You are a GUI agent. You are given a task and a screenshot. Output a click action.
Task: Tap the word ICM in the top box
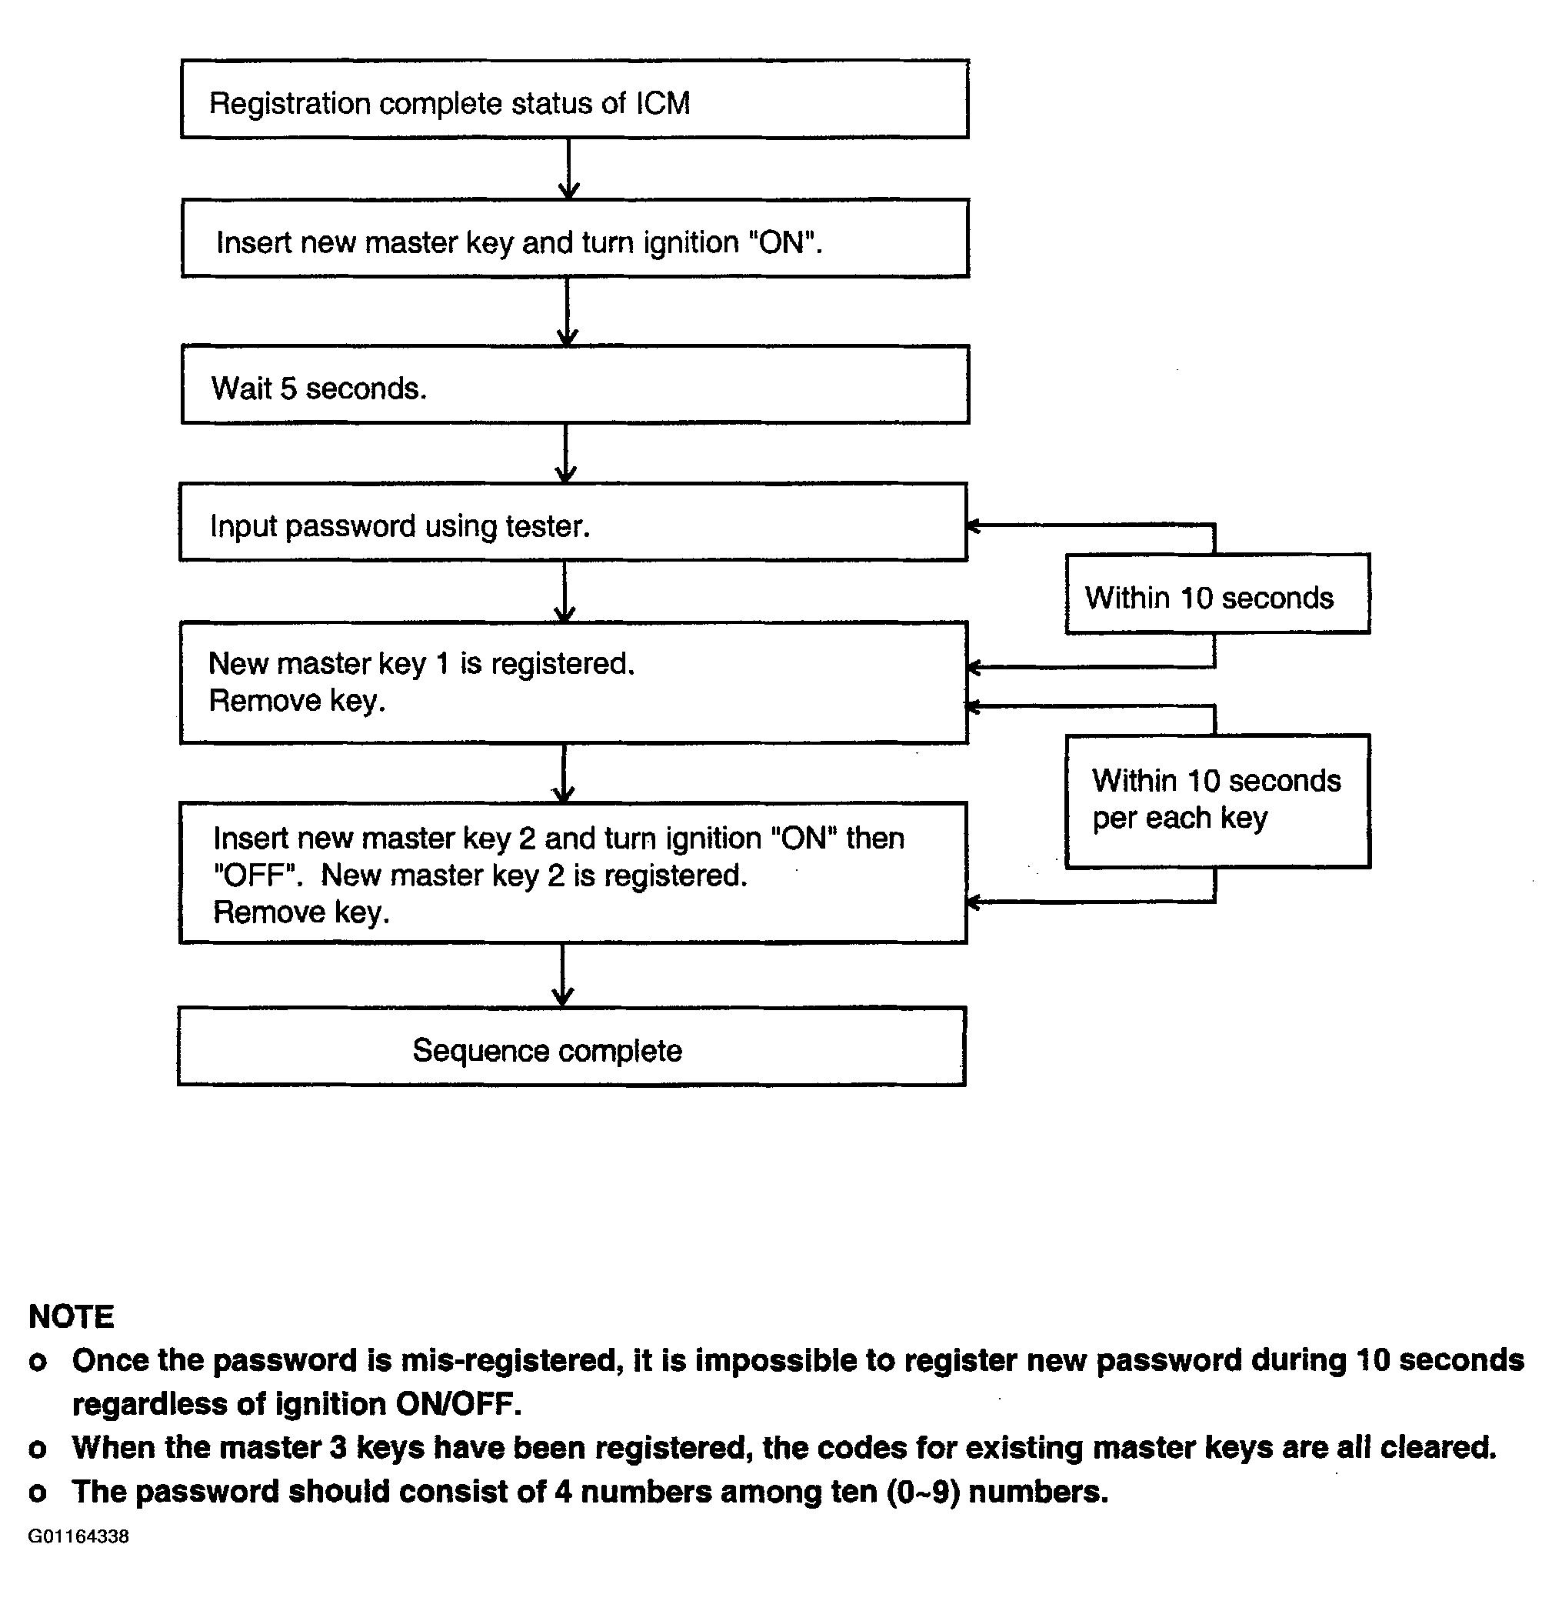[663, 103]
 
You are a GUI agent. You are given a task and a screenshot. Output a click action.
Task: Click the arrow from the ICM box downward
[568, 169]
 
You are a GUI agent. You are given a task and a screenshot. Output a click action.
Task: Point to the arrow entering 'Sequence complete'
[563, 975]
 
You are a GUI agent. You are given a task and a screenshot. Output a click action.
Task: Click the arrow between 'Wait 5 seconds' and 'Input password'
[565, 454]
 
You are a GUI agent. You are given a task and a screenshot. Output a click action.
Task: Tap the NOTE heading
[72, 1317]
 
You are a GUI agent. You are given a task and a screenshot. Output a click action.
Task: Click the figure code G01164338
[78, 1536]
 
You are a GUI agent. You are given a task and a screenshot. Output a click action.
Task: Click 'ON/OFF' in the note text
[458, 1404]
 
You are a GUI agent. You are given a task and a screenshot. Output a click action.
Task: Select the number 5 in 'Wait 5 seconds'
[288, 389]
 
